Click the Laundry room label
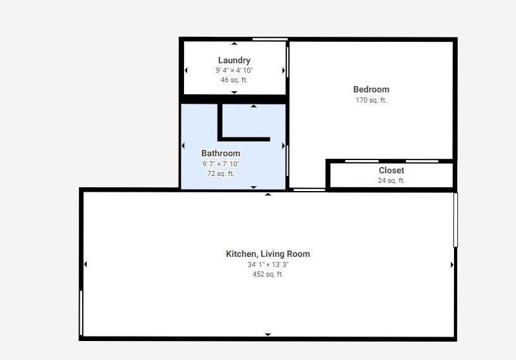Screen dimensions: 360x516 tap(234, 61)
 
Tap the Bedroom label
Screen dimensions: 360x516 tap(371, 89)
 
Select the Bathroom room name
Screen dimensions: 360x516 tap(221, 153)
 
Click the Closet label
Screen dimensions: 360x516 tap(391, 170)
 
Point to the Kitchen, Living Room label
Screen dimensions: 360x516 tap(268, 254)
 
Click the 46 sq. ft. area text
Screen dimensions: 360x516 tap(234, 80)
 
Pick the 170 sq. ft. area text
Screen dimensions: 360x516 tap(371, 100)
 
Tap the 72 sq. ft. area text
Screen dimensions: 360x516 tap(221, 173)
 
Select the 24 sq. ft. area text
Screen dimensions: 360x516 tap(391, 180)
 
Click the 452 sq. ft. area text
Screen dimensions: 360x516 tap(268, 274)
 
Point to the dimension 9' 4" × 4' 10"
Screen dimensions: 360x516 tap(234, 70)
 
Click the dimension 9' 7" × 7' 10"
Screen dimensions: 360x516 tap(221, 164)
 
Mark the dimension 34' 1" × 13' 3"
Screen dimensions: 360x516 tap(268, 264)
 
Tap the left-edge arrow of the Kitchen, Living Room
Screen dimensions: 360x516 tap(85, 264)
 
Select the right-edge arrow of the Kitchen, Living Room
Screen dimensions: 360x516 tap(451, 264)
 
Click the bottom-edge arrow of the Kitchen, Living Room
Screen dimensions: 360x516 tap(268, 334)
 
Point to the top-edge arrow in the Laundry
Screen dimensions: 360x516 tap(235, 44)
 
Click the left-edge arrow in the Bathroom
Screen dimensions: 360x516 tap(183, 146)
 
